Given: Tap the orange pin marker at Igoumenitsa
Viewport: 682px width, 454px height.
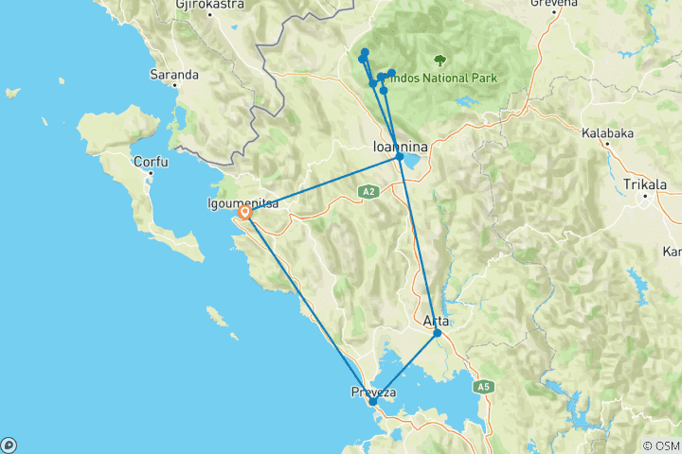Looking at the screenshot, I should pyautogui.click(x=244, y=213).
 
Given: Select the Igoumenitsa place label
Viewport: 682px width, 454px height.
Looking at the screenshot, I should pyautogui.click(x=242, y=201).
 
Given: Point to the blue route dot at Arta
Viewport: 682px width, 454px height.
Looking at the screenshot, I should pyautogui.click(x=437, y=333).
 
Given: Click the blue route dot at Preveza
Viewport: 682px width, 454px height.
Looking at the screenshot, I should pyautogui.click(x=373, y=402).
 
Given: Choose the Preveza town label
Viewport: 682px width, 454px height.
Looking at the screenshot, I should pyautogui.click(x=373, y=392).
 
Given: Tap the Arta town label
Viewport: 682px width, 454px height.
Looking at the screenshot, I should pyautogui.click(x=436, y=322).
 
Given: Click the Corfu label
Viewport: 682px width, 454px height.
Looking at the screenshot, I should pyautogui.click(x=151, y=162).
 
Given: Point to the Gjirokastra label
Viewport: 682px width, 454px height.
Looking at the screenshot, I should pyautogui.click(x=209, y=5).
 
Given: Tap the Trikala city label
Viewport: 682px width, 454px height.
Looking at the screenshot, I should pyautogui.click(x=646, y=184).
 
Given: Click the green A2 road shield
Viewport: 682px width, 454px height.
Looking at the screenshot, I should pyautogui.click(x=369, y=191).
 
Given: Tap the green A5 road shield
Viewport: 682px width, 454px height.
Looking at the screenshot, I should pyautogui.click(x=483, y=386).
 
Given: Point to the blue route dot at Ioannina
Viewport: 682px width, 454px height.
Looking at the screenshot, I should pyautogui.click(x=400, y=157).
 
